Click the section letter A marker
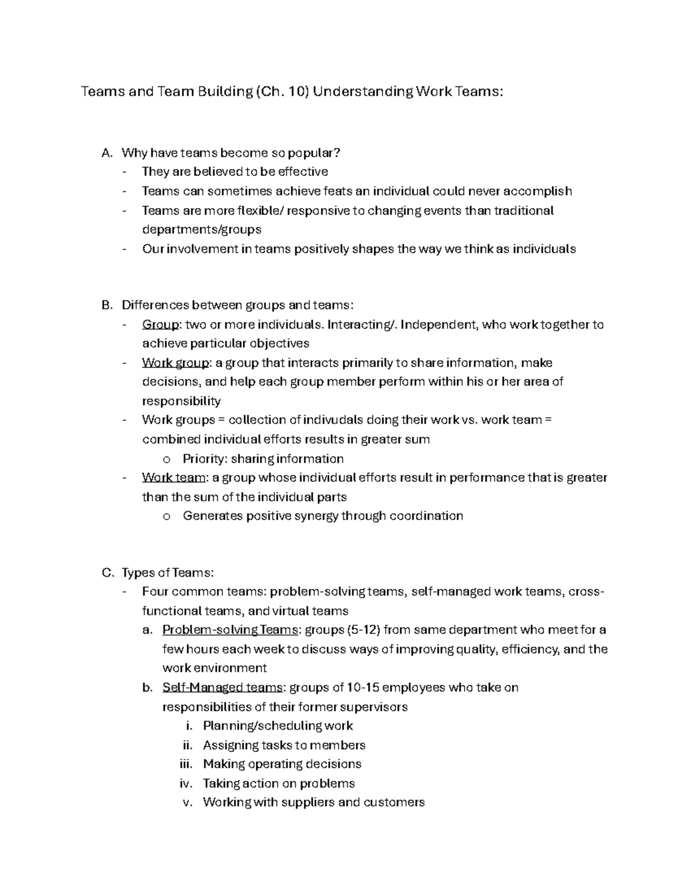point(105,153)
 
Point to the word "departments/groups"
point(202,229)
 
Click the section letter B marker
point(105,305)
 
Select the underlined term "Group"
point(161,324)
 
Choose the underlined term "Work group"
point(175,363)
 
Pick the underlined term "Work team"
point(173,478)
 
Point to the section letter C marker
point(106,573)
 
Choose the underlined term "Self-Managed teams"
point(222,688)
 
